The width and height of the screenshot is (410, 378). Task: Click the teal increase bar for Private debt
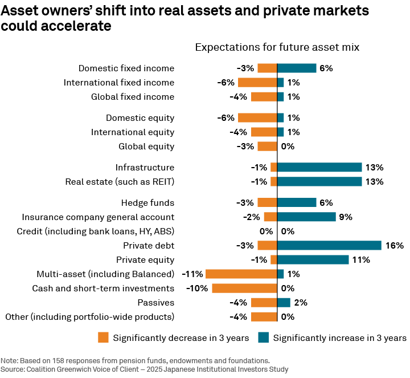tap(329, 246)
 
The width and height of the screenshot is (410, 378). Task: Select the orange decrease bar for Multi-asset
tap(241, 274)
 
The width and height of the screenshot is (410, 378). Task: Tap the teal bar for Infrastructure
tap(319, 168)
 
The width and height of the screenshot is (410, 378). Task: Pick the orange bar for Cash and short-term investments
tap(244, 288)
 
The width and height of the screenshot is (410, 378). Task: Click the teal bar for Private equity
tap(313, 260)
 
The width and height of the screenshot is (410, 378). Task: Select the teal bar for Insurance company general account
tap(306, 217)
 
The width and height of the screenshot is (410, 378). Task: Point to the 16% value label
tap(395, 246)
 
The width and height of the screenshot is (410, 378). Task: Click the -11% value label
tap(192, 274)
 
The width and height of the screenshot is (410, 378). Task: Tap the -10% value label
tap(198, 288)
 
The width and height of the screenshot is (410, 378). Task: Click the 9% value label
tap(346, 217)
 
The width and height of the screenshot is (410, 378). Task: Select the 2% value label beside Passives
tap(300, 303)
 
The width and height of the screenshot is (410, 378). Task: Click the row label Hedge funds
tap(147, 203)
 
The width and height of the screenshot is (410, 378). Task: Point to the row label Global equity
tap(146, 147)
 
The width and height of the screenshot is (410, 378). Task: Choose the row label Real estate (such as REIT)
tap(120, 182)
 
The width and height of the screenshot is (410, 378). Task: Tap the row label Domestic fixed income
tap(126, 68)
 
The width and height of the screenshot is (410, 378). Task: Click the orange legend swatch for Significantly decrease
tap(103, 338)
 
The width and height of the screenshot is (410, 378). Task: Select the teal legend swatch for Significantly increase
tap(263, 338)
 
